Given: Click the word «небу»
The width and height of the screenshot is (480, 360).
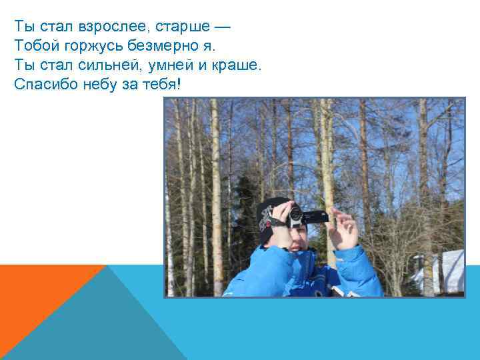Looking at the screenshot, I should click(x=100, y=85).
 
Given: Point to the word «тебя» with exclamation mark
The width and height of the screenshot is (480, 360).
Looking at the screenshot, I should click(x=161, y=85).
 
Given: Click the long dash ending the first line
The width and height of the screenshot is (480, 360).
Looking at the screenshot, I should click(x=224, y=27).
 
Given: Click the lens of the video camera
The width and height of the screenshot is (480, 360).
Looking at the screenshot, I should click(x=295, y=215).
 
